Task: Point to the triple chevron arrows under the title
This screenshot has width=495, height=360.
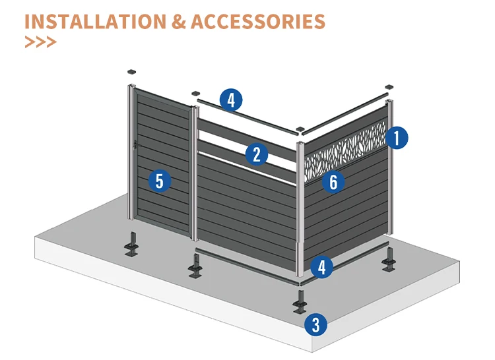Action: (40, 42)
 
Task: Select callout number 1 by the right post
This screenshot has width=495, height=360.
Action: (396, 138)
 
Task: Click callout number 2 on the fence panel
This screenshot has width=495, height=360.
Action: (257, 155)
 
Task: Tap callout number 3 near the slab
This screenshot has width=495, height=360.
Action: (315, 324)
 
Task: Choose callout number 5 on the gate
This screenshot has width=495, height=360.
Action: (160, 180)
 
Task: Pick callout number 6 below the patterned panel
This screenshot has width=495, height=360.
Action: (333, 181)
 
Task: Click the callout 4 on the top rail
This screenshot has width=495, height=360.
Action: (230, 100)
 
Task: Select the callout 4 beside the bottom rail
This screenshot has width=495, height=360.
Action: (321, 267)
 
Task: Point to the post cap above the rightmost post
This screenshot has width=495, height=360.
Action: (389, 86)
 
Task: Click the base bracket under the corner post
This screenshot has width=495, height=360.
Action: (301, 303)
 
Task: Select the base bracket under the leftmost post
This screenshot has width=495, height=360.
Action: (133, 243)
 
